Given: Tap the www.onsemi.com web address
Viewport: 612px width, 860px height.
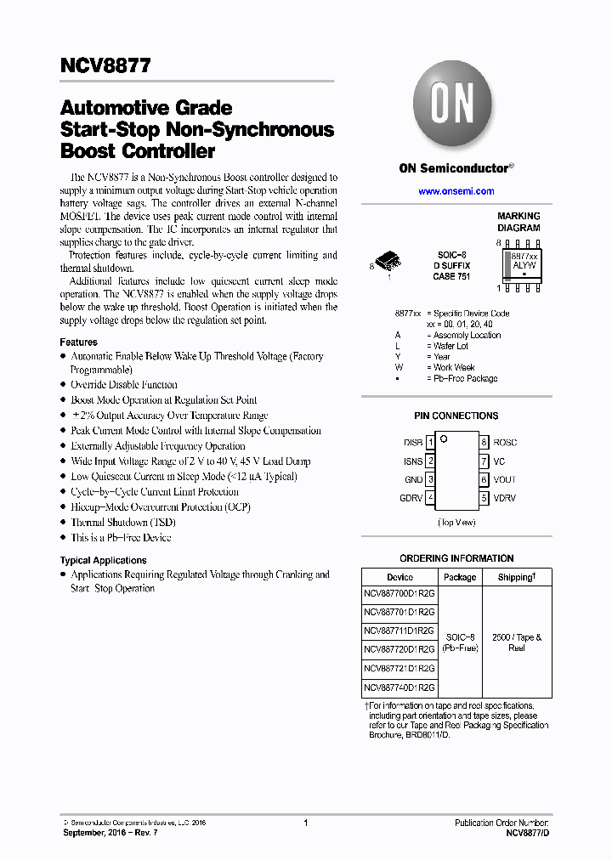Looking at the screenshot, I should coord(456,191).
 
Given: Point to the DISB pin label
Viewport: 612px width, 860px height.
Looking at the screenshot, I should coord(412,443).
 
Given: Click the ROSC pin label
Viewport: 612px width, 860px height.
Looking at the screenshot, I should coord(505,443).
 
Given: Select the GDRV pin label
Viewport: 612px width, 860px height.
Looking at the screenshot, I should coord(411,498).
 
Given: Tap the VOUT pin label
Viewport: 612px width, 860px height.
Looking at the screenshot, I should coord(504,479).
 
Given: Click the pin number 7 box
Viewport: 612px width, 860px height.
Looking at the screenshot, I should coord(484,461).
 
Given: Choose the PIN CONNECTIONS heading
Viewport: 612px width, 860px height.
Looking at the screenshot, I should coord(456,416).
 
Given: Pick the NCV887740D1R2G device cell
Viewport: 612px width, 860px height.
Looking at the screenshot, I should coord(399,687).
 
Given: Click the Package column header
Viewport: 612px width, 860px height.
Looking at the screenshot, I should coord(460,577).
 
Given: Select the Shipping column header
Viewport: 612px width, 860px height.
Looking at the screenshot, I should coord(517,577).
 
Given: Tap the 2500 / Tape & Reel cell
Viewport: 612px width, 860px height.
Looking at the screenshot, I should coord(517,642).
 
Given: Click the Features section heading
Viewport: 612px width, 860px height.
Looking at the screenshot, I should coord(78,342).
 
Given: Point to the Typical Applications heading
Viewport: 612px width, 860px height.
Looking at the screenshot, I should coord(103,560).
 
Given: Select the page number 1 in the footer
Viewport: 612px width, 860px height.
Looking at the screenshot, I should coord(305,823).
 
